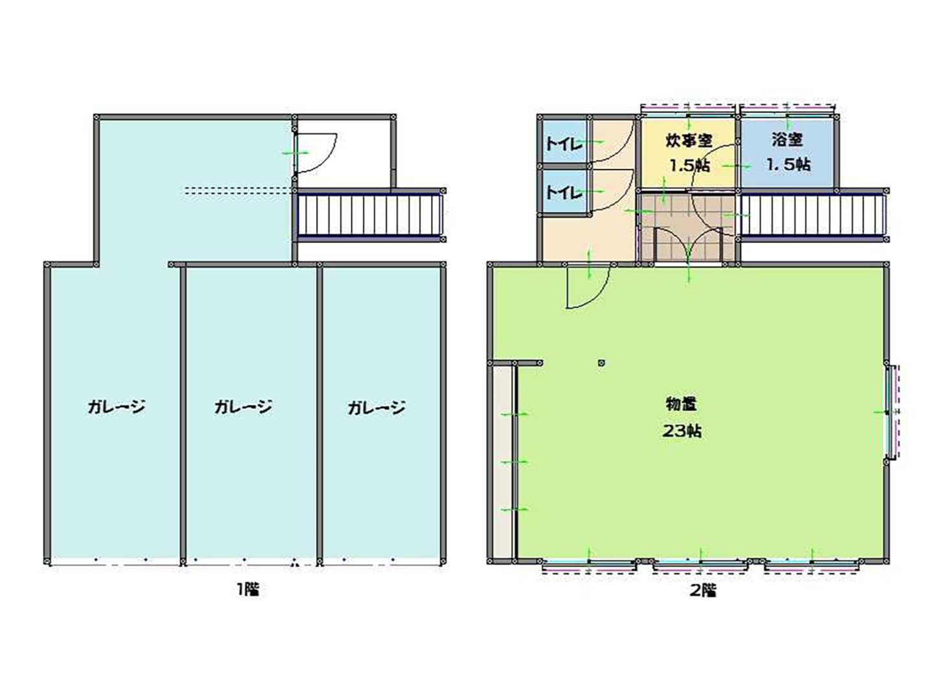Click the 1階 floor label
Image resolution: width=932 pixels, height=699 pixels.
point(247,589)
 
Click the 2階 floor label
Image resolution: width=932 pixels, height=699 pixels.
point(703,590)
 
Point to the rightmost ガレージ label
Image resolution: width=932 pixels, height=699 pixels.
point(376,408)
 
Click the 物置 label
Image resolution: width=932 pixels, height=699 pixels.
point(681,404)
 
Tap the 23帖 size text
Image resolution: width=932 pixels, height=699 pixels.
point(682,431)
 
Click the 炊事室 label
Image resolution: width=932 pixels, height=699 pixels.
point(688,140)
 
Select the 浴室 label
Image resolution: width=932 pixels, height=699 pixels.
point(788,140)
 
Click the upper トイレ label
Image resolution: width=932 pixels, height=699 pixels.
point(564,144)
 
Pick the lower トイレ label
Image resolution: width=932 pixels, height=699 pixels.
point(564,193)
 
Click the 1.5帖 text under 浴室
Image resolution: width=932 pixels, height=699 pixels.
point(788,164)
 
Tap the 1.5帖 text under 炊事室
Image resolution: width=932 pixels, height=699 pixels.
point(689,165)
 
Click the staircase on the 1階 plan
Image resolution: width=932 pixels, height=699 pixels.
point(370,215)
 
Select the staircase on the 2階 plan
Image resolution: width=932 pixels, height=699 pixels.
point(813,215)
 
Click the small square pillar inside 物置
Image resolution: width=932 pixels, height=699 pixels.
point(601,363)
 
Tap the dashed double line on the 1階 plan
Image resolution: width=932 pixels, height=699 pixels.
point(238,190)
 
